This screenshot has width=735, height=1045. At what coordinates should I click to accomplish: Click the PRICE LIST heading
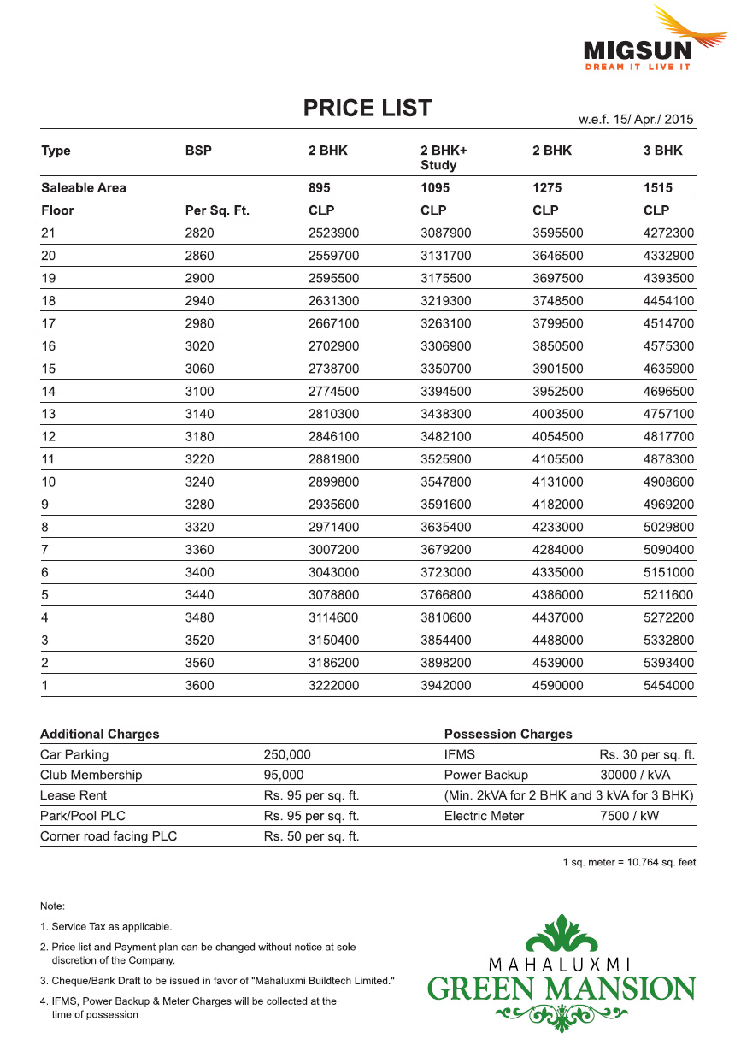pyautogui.click(x=367, y=109)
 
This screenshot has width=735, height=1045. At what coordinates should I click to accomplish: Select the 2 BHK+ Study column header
pyautogui.click(x=444, y=157)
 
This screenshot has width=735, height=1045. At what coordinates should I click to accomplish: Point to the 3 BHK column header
pyautogui.click(x=663, y=151)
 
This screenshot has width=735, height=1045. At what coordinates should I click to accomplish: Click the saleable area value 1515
pyautogui.click(x=657, y=188)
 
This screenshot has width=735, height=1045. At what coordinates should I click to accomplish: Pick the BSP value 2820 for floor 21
pyautogui.click(x=200, y=233)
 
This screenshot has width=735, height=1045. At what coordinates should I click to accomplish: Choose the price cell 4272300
pyautogui.click(x=668, y=233)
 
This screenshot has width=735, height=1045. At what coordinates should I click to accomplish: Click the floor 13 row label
pyautogui.click(x=48, y=414)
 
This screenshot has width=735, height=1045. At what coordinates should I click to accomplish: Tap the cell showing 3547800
pyautogui.click(x=446, y=482)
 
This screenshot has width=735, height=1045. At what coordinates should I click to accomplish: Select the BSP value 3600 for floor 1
pyautogui.click(x=200, y=686)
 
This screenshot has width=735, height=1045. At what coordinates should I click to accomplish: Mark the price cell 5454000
pyautogui.click(x=668, y=686)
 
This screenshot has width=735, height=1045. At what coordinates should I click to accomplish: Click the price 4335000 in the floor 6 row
pyautogui.click(x=557, y=572)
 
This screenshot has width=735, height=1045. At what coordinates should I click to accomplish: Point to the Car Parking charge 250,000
pyautogui.click(x=287, y=755)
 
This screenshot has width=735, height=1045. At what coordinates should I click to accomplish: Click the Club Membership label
pyautogui.click(x=91, y=776)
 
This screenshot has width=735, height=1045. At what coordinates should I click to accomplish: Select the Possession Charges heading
pyautogui.click(x=508, y=735)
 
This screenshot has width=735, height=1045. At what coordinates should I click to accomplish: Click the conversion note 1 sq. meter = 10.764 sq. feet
pyautogui.click(x=629, y=863)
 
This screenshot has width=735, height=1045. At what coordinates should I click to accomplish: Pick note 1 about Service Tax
pyautogui.click(x=106, y=927)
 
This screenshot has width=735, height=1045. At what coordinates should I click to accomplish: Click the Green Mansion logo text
pyautogui.click(x=562, y=989)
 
